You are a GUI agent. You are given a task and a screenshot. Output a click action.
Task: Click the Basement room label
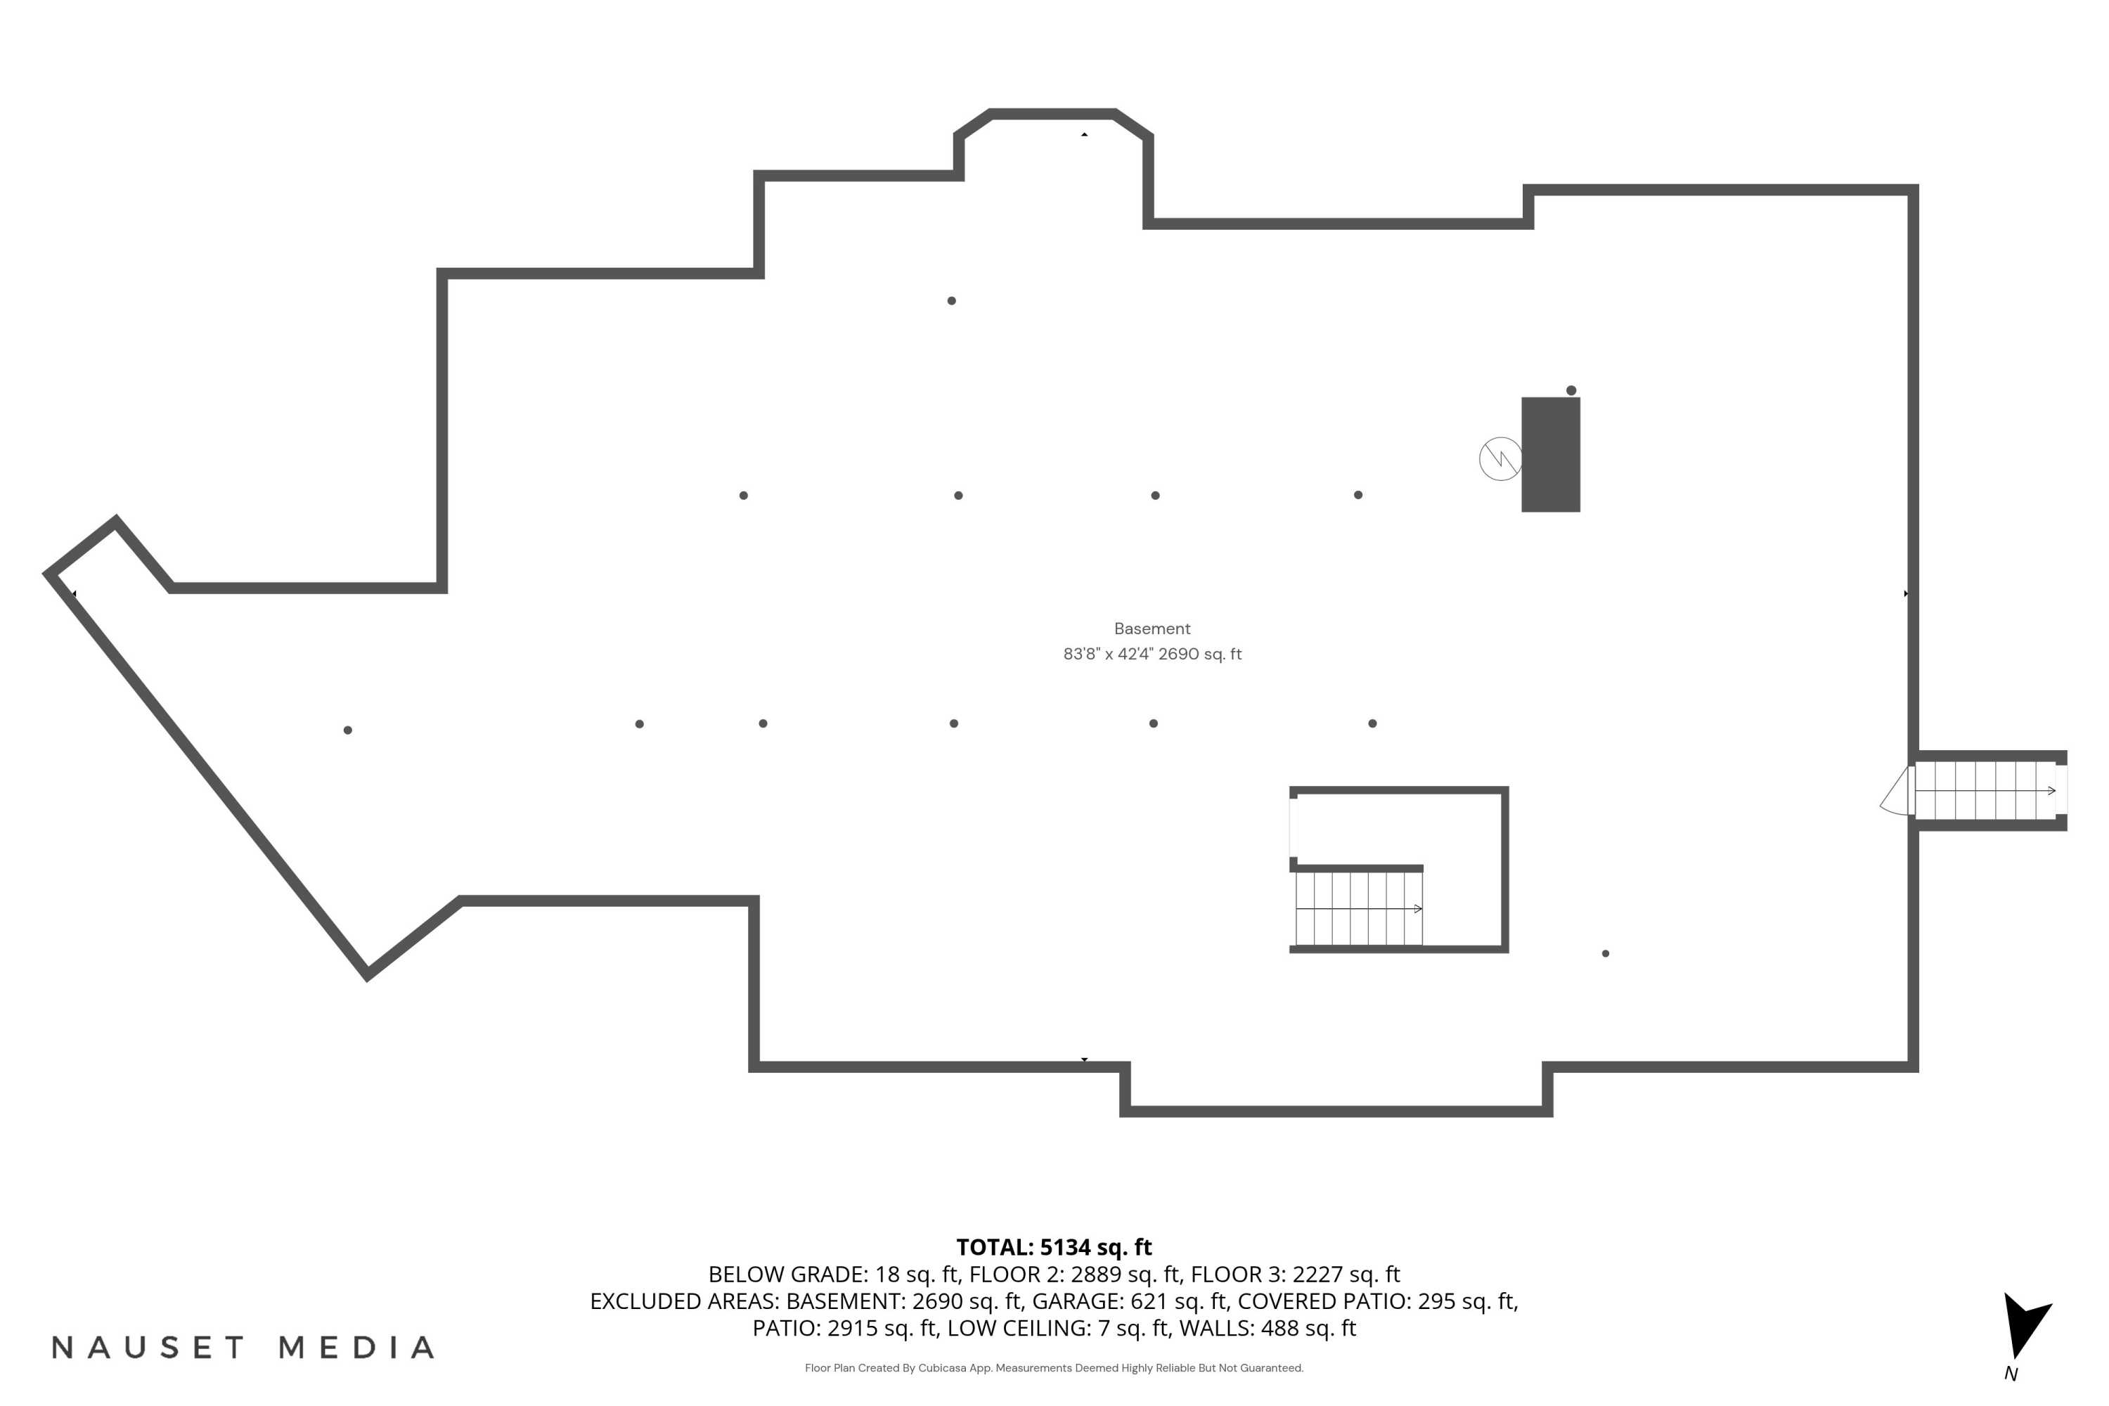[1152, 628]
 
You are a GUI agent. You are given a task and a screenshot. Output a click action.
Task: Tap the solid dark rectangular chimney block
[1550, 455]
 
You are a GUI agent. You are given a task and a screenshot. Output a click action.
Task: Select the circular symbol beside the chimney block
[1500, 459]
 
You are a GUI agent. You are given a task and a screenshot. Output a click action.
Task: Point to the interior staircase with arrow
[1358, 908]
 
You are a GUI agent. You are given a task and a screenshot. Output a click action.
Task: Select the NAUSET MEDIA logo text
[243, 1347]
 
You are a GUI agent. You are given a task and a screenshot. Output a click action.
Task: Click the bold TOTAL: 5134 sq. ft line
[1054, 1246]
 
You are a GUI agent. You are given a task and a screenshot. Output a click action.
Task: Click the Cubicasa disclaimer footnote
[1054, 1367]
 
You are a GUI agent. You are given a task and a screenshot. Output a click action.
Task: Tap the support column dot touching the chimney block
[1571, 390]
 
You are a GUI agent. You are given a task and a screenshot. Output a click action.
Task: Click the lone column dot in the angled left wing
[348, 730]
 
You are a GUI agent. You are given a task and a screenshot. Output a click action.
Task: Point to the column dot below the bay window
[951, 300]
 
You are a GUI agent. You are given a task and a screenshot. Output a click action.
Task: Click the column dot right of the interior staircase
[1605, 953]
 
